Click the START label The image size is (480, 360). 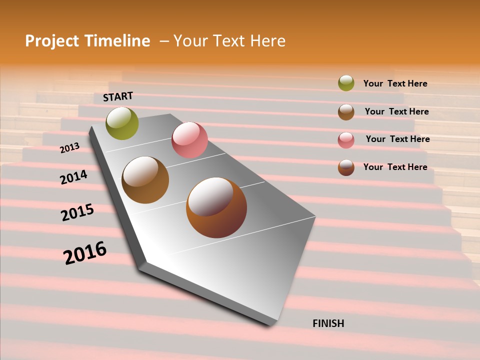[118, 96]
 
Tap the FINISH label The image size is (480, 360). [328, 323]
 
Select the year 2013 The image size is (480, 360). [70, 147]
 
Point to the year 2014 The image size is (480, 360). [73, 177]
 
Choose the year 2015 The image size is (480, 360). [77, 212]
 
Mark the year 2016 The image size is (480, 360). [85, 253]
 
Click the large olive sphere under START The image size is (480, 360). [122, 123]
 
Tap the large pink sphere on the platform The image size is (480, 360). [189, 140]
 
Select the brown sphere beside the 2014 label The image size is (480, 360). [145, 180]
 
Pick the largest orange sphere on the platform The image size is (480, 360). [216, 207]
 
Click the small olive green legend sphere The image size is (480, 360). [346, 83]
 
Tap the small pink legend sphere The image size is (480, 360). [346, 140]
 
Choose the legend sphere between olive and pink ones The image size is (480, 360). [346, 112]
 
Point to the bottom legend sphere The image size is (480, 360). [346, 167]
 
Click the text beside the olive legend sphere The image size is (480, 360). [395, 83]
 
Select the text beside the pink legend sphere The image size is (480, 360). [397, 139]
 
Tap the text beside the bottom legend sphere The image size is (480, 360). [395, 167]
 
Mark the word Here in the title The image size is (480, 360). [267, 41]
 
